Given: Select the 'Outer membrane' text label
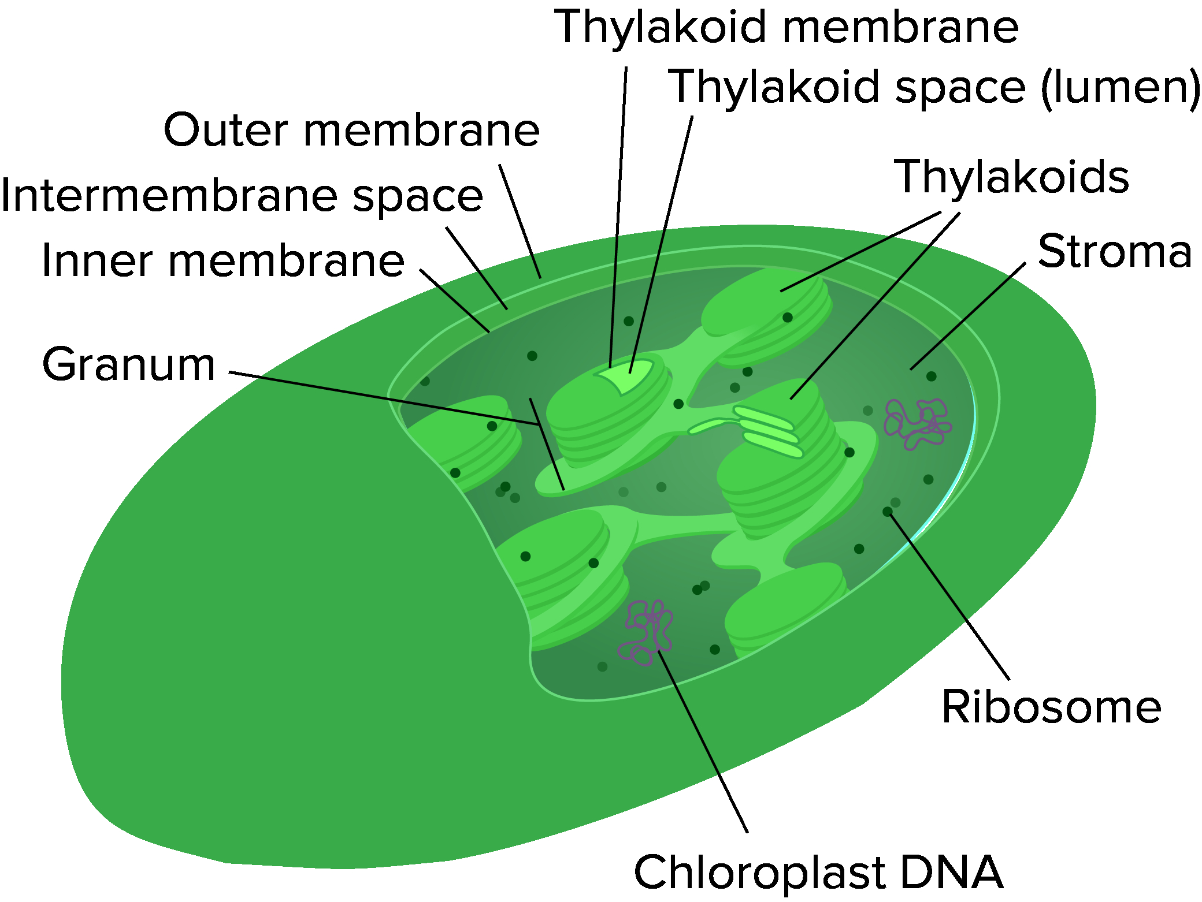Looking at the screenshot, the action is [x=351, y=131].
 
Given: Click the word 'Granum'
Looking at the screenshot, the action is [x=129, y=365].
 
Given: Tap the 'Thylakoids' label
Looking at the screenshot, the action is [x=1011, y=177].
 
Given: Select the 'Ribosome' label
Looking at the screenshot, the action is [x=1051, y=707].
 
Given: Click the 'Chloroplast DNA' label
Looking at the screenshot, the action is [x=818, y=872].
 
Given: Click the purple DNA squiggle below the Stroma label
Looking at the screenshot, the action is [x=917, y=424].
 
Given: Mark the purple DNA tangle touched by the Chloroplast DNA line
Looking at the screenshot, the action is [x=645, y=633].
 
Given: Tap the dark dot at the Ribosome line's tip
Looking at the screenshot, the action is [x=888, y=512].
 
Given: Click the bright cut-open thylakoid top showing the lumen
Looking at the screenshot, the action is [x=625, y=376].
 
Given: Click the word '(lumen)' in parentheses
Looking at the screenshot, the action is [x=1121, y=88].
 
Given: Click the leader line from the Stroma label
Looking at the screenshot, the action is [x=968, y=316].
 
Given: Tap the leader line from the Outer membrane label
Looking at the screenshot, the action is [x=520, y=221].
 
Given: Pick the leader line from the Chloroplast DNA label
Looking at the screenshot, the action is [x=703, y=741].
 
